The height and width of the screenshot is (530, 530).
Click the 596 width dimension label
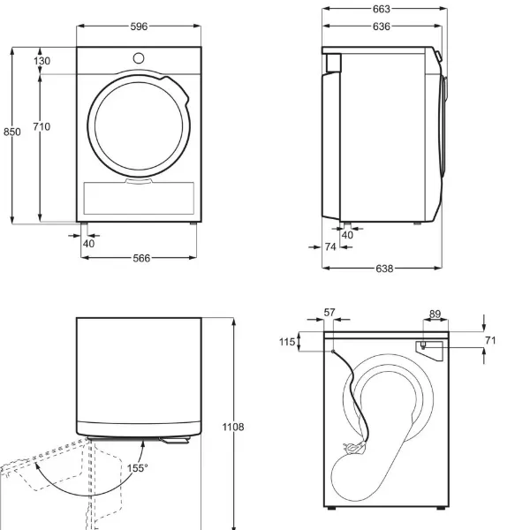click(139, 26)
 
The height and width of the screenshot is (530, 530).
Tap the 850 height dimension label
click(12, 132)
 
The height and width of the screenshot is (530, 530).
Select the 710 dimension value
click(42, 126)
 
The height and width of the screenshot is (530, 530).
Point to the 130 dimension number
click(42, 61)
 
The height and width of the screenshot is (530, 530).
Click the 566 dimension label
click(141, 258)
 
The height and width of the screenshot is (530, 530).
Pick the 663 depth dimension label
click(382, 9)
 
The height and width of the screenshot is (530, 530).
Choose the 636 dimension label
click(382, 26)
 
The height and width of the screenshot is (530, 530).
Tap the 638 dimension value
click(384, 269)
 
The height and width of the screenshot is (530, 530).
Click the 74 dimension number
click(330, 247)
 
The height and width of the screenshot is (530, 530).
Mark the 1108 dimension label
click(233, 427)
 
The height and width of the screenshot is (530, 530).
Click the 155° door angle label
click(137, 468)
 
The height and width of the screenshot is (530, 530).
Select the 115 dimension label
click(287, 342)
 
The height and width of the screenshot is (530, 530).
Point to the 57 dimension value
click(329, 313)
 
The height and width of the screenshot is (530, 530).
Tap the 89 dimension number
click(435, 314)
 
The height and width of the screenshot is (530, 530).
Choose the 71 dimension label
click(490, 340)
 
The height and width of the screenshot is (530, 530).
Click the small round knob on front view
click(139, 58)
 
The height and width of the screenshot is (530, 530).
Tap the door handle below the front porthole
click(139, 181)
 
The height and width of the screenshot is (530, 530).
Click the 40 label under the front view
click(88, 244)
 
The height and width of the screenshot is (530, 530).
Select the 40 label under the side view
click(347, 235)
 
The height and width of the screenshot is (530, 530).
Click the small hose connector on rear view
click(422, 345)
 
